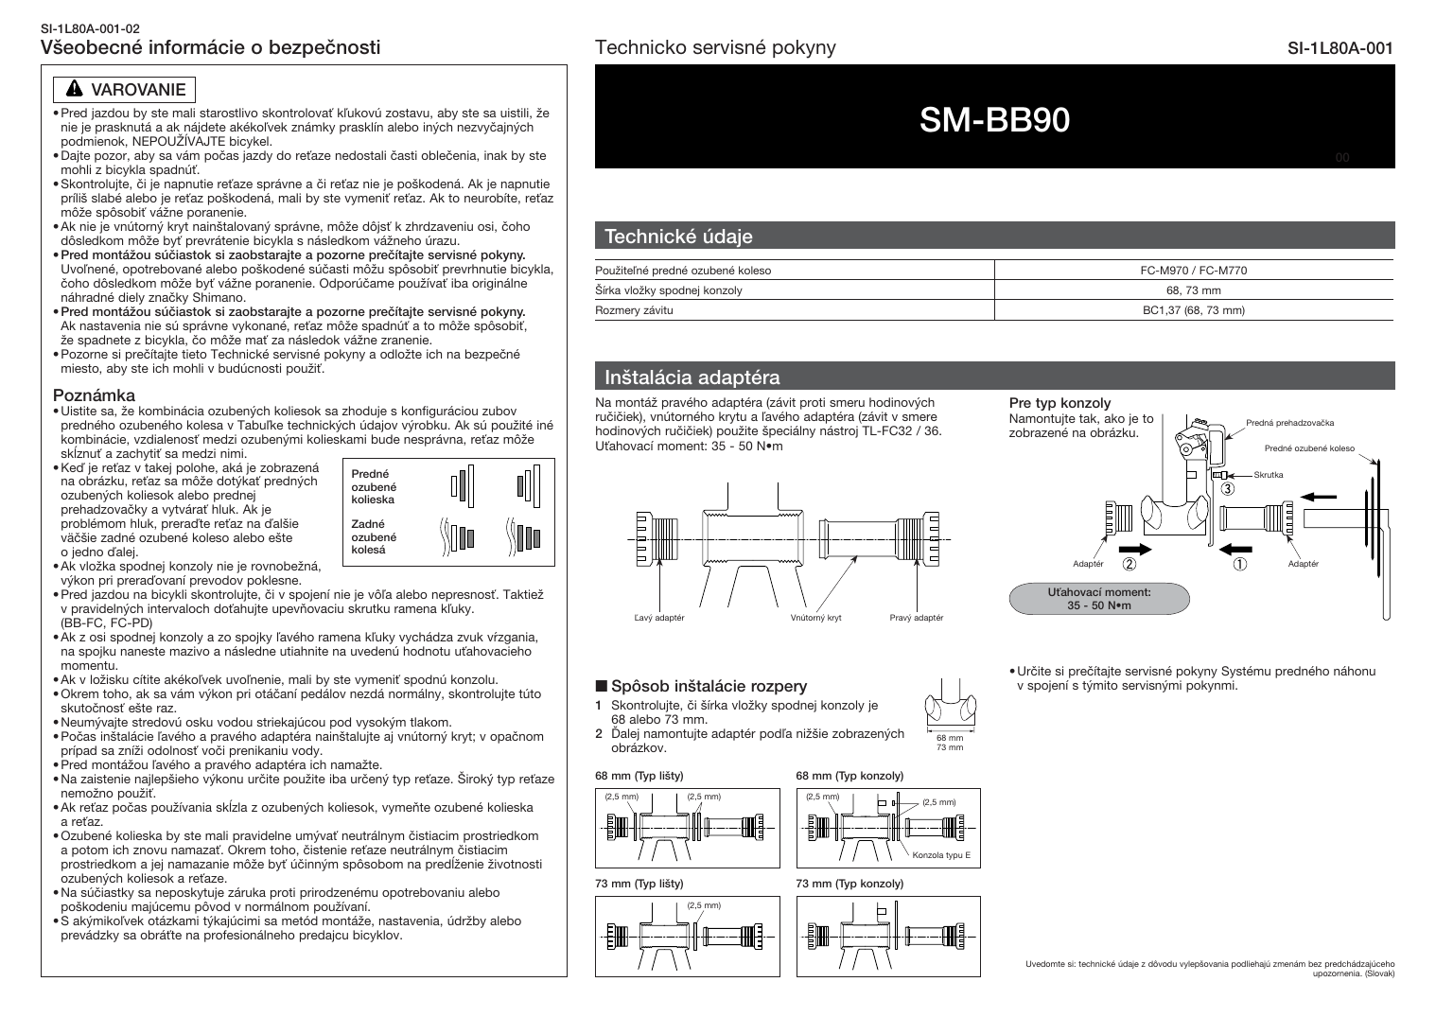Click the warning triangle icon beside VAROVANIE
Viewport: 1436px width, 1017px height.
tap(74, 90)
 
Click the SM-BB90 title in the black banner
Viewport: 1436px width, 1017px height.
tap(994, 119)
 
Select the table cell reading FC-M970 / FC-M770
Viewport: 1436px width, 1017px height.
tap(1193, 271)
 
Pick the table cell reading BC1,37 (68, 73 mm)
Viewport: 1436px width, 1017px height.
tap(1193, 310)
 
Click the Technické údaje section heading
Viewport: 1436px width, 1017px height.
tap(678, 237)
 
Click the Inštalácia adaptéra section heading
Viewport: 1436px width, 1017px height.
tap(692, 377)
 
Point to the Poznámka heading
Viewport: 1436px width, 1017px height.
tap(94, 395)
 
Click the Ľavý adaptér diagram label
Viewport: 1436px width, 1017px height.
tap(658, 618)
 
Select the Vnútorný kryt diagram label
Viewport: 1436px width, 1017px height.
tap(815, 618)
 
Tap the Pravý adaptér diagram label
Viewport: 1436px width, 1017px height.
tap(916, 618)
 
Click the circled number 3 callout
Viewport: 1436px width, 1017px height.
tap(1227, 489)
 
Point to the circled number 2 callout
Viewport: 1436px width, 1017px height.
tap(1129, 564)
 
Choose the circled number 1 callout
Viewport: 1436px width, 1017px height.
tap(1239, 564)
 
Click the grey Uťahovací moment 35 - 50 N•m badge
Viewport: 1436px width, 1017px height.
tap(1099, 598)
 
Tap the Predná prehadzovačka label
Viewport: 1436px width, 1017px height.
tap(1289, 423)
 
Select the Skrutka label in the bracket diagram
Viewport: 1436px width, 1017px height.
tap(1268, 474)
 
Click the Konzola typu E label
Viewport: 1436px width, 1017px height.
tap(941, 855)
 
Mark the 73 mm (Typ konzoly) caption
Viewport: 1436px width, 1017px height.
tap(849, 884)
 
